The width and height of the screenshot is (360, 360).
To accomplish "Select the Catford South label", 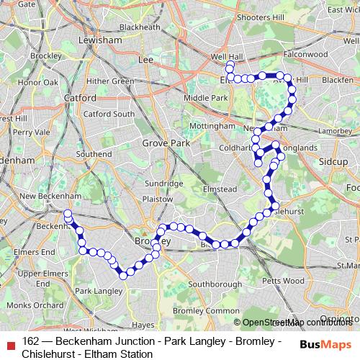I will (109, 114).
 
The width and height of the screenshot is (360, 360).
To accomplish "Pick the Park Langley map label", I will (94, 290).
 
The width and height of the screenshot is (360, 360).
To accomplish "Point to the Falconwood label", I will (305, 54).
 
